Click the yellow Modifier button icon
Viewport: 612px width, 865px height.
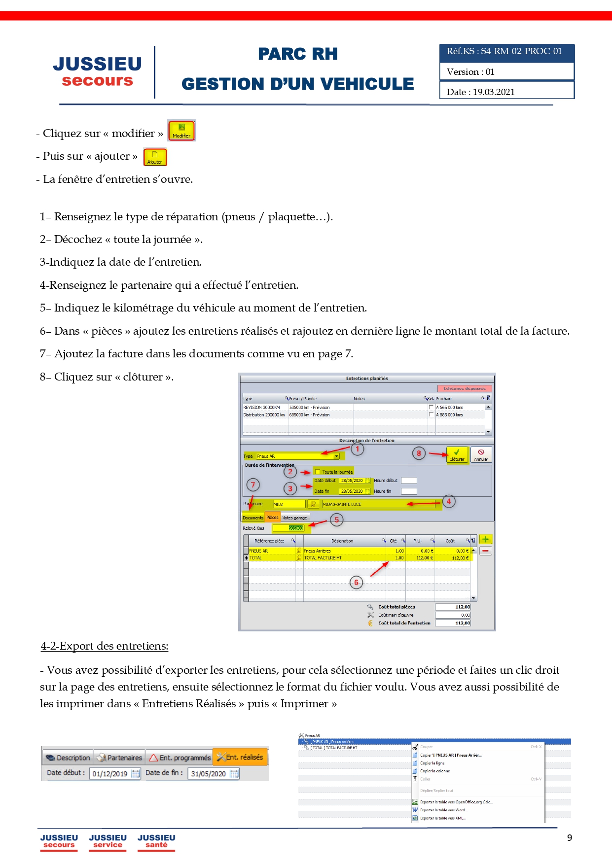click(x=181, y=131)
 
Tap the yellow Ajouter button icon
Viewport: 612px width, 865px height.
click(x=155, y=157)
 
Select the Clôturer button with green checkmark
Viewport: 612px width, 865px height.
click(x=457, y=454)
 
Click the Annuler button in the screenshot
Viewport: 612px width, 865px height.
click(x=481, y=454)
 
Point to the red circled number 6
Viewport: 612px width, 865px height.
click(x=356, y=583)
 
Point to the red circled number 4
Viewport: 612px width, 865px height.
click(x=449, y=501)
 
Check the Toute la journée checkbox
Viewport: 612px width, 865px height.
click(x=318, y=472)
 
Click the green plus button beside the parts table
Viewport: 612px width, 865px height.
click(x=485, y=540)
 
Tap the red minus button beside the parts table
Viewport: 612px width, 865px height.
click(x=485, y=551)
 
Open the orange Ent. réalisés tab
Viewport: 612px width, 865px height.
click(x=240, y=757)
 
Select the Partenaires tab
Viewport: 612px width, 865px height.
click(x=120, y=758)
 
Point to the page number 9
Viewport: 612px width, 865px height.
click(x=570, y=838)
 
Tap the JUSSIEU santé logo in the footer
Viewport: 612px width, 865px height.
click(x=156, y=841)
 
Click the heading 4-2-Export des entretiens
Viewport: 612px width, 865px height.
click(x=105, y=646)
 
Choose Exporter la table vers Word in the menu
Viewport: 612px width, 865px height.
click(x=443, y=810)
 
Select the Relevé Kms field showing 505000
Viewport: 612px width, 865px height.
click(x=290, y=528)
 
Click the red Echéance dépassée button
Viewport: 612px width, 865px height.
click(x=464, y=388)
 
